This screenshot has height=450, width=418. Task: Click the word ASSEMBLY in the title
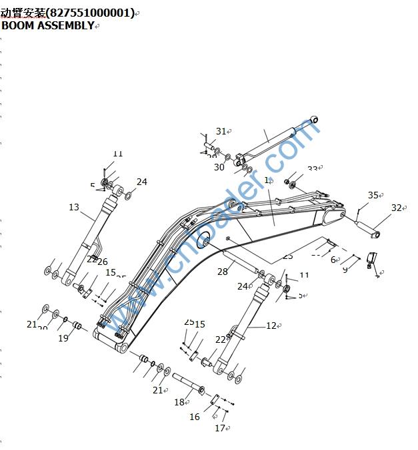[65, 25]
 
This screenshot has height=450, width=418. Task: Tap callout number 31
[221, 131]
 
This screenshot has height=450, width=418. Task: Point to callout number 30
[219, 167]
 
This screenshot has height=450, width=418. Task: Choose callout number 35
[373, 195]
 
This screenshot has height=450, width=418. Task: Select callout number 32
[397, 208]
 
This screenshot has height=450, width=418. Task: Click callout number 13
[74, 207]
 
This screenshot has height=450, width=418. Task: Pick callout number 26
[103, 262]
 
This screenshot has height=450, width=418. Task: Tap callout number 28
[223, 271]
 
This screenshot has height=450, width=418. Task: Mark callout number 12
[271, 326]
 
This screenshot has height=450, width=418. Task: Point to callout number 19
[63, 337]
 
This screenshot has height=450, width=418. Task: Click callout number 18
[179, 401]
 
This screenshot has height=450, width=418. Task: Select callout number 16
[195, 417]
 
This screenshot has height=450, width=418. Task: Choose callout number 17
[220, 428]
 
